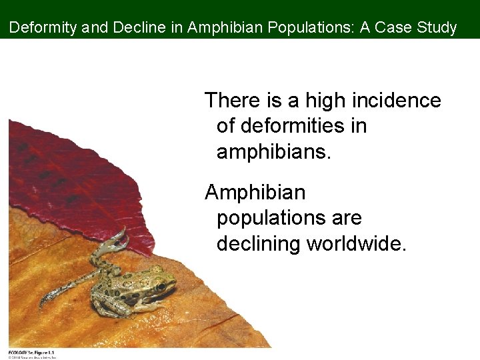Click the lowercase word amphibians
click(273, 151)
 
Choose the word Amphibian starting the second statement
click(255, 193)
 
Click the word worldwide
click(356, 243)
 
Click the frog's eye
click(160, 287)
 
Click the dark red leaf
click(73, 180)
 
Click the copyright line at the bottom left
click(31, 357)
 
